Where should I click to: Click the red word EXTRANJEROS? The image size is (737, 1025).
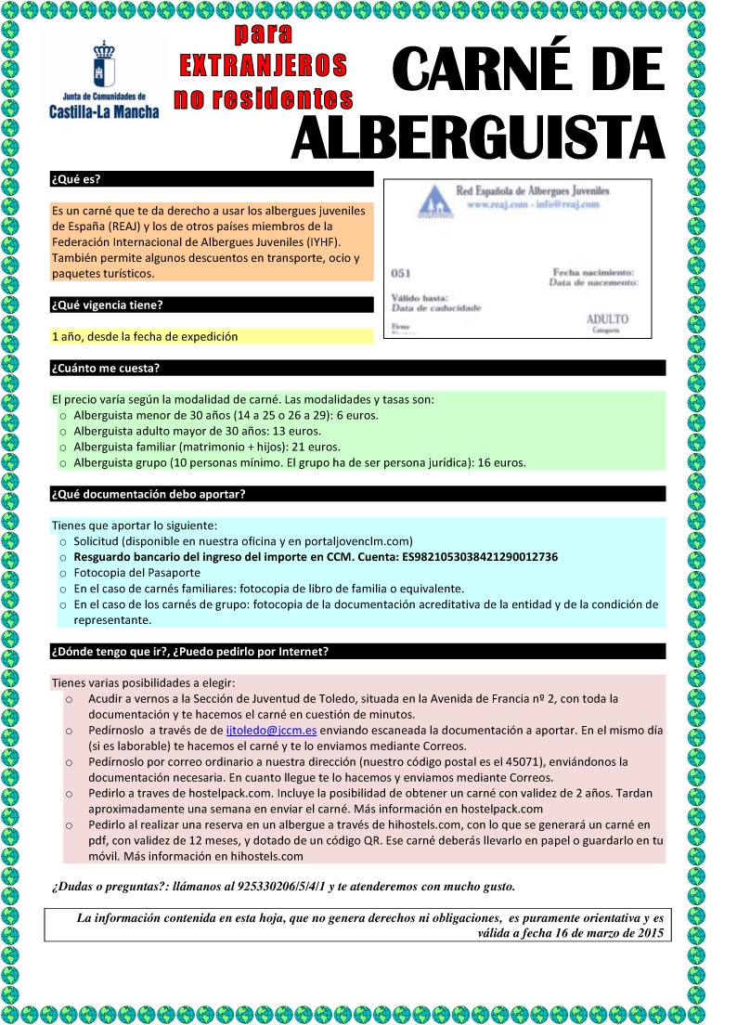click(x=263, y=65)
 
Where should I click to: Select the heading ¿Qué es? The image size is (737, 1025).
click(x=76, y=179)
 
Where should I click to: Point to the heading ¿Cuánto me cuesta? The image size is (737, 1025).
click(x=106, y=368)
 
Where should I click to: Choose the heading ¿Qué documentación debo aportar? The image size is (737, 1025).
click(x=149, y=494)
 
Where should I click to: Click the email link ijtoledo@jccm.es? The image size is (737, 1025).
click(x=272, y=731)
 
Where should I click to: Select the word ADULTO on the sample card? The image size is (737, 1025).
click(x=607, y=318)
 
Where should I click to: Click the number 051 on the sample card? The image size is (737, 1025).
click(x=402, y=273)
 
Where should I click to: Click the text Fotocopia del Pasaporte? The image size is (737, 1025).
click(x=137, y=573)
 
